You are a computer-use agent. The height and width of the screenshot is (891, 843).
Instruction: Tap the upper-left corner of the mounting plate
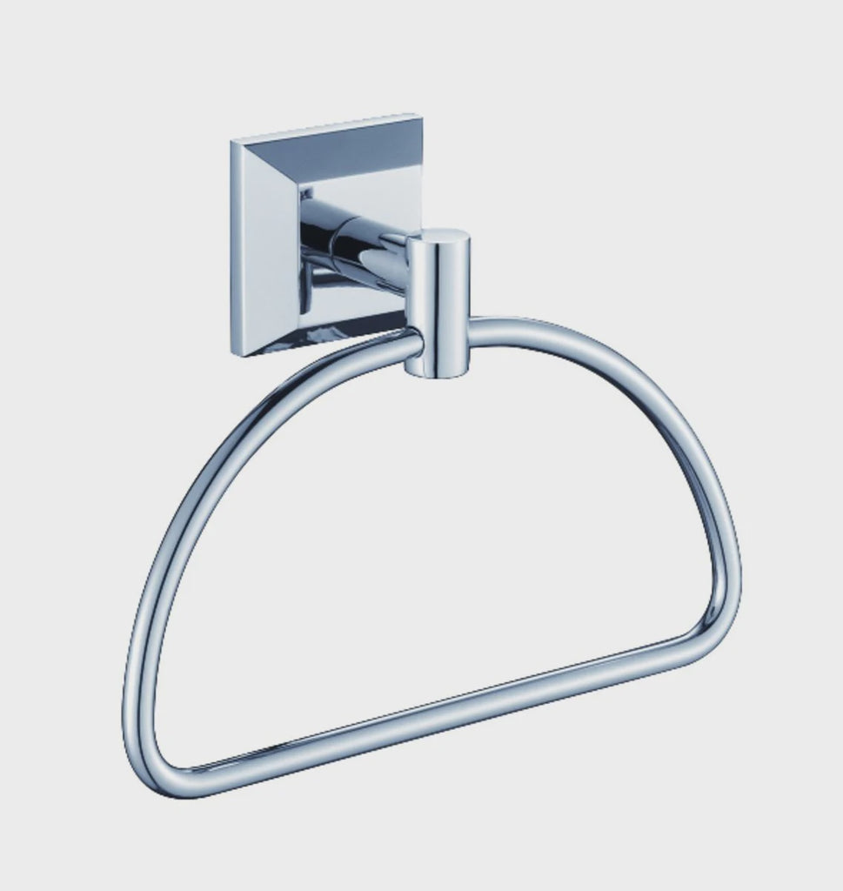[232, 141]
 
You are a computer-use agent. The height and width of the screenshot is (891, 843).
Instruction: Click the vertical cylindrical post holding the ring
[438, 305]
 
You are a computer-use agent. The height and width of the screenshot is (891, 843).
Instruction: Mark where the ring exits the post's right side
[472, 331]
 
